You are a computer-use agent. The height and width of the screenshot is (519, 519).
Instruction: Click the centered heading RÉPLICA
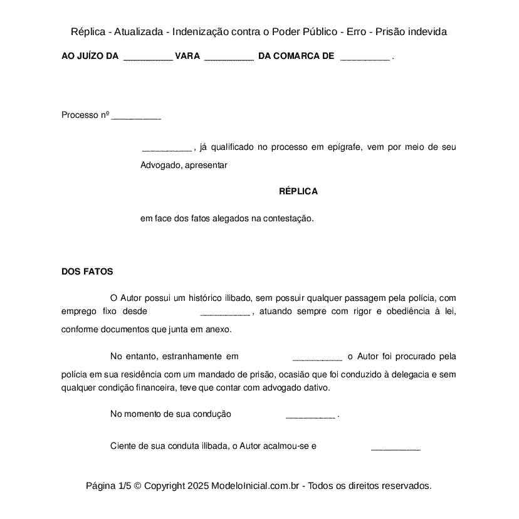[298, 192]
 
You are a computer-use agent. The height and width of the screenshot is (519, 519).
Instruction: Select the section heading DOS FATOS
[87, 271]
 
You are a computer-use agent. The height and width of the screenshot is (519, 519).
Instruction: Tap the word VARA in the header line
[187, 56]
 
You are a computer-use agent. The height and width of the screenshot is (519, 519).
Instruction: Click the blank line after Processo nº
[136, 117]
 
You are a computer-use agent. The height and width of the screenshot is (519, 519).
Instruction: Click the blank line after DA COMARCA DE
[364, 57]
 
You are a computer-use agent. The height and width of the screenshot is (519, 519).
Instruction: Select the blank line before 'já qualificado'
[167, 149]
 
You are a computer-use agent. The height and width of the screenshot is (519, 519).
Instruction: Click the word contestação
[288, 219]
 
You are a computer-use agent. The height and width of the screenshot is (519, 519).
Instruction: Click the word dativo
[317, 387]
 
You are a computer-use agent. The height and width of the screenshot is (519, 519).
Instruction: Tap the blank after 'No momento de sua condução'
[310, 416]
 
